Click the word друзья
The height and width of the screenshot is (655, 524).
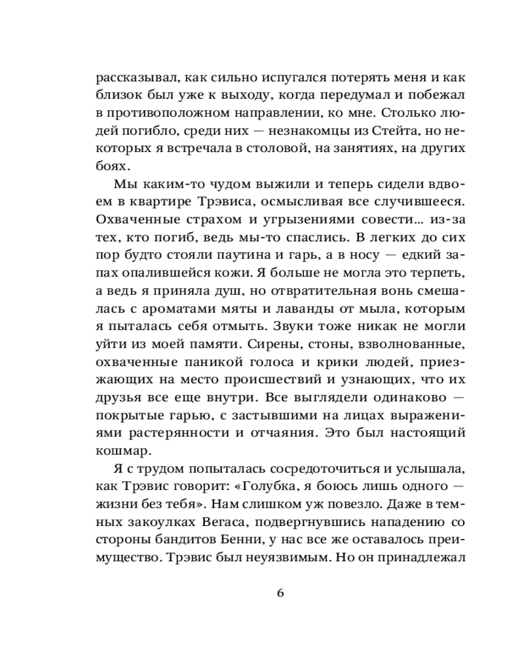117,397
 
